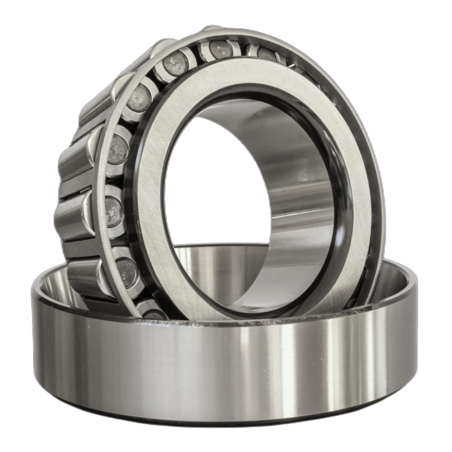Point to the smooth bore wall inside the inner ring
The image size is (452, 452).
[x=289, y=181]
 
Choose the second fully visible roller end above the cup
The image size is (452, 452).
[x=115, y=208]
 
